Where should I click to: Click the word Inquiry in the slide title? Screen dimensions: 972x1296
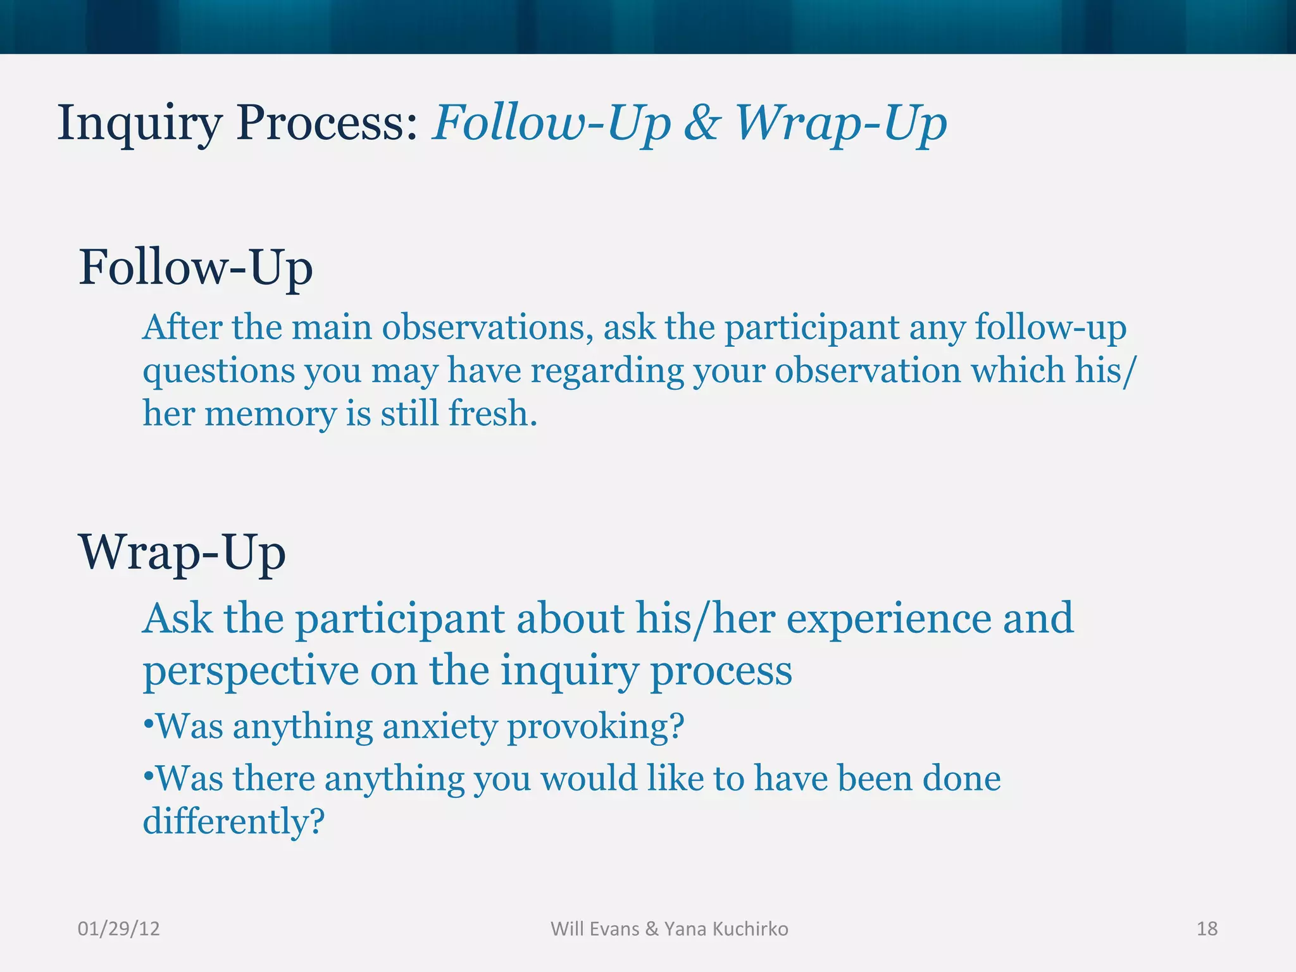click(139, 124)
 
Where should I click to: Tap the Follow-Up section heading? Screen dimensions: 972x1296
click(196, 268)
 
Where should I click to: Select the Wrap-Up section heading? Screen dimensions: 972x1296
click(182, 553)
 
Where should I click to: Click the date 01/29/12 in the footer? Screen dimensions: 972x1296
click(118, 928)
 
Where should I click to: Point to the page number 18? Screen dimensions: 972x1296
click(1207, 928)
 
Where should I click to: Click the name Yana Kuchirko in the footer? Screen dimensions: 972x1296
click(726, 928)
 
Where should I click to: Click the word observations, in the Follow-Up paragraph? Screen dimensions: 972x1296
click(487, 328)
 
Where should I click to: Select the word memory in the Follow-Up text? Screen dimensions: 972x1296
click(270, 414)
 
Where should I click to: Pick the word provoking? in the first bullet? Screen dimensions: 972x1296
click(595, 726)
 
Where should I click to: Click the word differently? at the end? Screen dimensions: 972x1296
click(234, 821)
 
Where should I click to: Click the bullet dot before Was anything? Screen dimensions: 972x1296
click(148, 723)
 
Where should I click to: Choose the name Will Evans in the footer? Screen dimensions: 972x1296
click(595, 928)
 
